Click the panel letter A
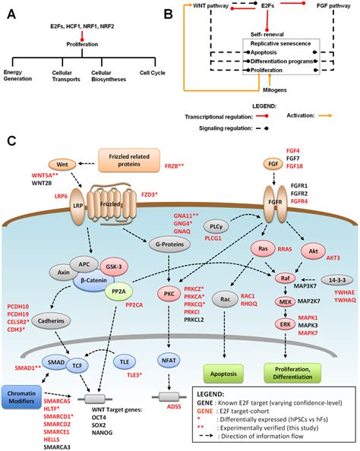pyautogui.click(x=10, y=11)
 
